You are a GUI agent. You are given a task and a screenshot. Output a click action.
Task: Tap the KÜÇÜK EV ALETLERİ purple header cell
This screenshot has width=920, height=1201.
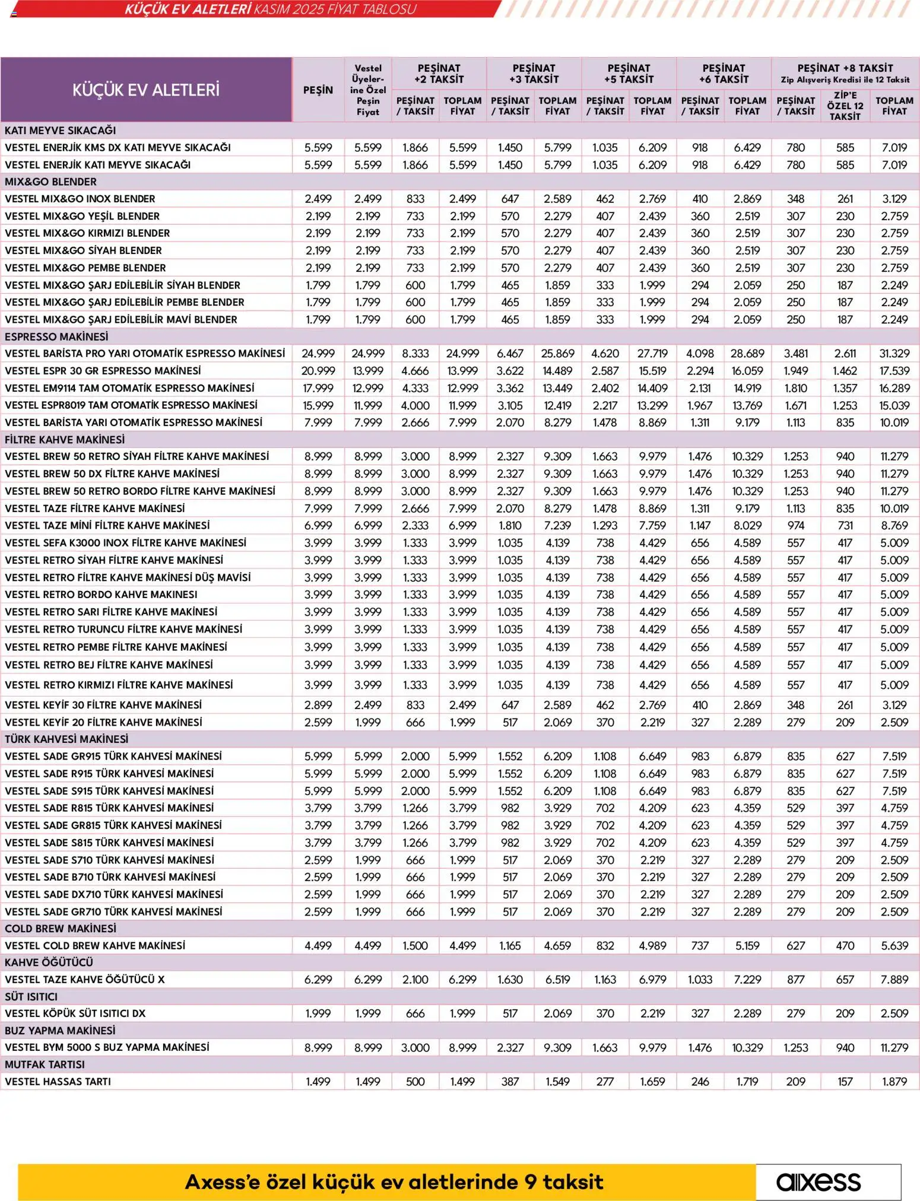146,90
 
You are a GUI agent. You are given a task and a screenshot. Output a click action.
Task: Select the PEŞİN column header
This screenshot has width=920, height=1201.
318,90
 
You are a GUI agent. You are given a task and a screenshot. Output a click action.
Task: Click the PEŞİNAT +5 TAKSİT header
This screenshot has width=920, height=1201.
629,74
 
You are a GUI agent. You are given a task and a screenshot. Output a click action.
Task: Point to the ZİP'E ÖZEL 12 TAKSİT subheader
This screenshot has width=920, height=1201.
845,106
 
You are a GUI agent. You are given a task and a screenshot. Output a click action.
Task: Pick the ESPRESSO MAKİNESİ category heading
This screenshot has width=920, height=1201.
56,336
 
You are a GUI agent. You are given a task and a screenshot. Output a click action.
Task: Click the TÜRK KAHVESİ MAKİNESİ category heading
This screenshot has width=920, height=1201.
66,739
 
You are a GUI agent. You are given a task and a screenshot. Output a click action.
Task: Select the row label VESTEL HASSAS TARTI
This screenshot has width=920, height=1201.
58,1081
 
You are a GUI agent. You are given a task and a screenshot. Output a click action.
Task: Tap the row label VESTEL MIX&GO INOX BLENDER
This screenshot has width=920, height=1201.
80,199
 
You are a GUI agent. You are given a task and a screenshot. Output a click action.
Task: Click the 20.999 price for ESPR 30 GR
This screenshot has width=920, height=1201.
318,371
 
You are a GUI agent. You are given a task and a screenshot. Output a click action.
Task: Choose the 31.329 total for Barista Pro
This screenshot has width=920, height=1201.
894,354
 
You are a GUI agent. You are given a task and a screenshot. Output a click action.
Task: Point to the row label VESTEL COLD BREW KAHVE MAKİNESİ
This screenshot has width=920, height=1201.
95,945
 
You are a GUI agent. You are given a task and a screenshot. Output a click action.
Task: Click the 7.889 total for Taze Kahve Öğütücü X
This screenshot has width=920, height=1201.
894,980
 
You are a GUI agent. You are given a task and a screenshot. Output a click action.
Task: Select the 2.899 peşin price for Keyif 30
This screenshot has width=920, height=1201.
318,705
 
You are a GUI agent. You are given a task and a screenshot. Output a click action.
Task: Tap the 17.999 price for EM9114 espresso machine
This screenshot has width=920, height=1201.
318,388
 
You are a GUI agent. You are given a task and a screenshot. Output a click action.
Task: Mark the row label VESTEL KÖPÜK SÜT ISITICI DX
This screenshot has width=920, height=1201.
75,1013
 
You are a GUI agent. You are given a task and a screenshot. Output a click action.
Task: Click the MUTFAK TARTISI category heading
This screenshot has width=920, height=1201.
45,1065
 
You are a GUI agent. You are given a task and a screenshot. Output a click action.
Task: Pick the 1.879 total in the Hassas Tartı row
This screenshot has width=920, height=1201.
894,1081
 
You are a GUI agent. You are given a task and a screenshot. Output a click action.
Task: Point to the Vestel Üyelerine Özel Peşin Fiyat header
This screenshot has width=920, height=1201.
368,90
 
